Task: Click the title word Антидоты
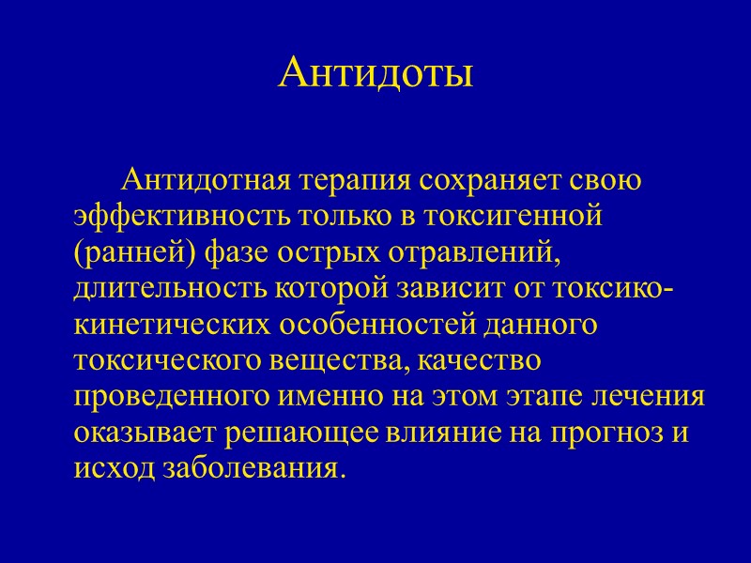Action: pyautogui.click(x=375, y=73)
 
